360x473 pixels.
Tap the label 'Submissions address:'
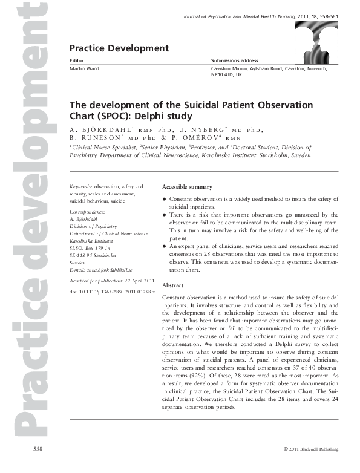(235, 61)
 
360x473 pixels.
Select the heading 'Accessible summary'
(188, 188)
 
